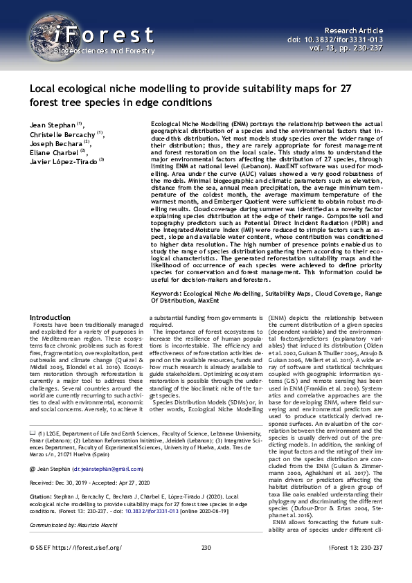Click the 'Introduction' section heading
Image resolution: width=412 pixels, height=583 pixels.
(x=50, y=317)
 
